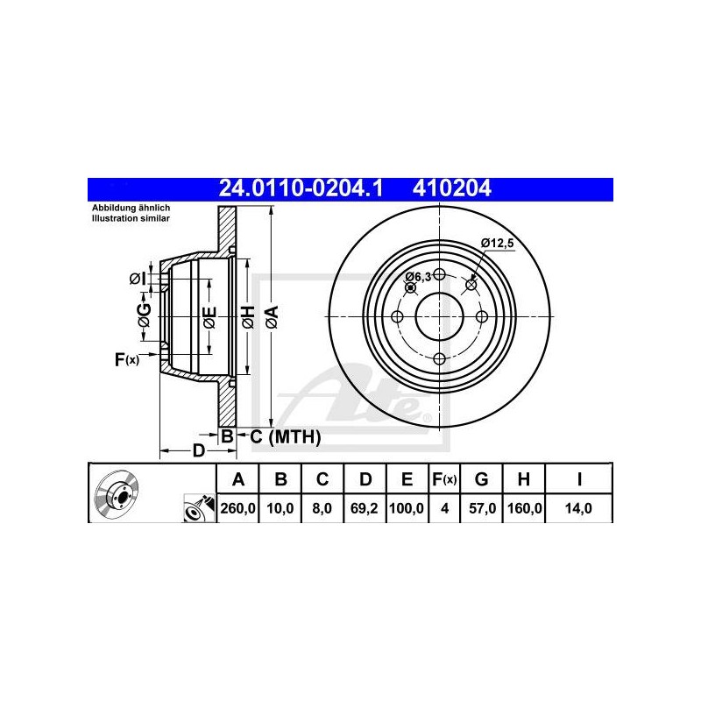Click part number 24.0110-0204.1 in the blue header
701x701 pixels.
tap(301, 188)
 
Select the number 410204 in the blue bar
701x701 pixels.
tap(451, 188)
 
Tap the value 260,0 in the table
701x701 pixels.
tap(237, 508)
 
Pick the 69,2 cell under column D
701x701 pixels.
tap(365, 508)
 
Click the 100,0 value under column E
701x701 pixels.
tap(407, 508)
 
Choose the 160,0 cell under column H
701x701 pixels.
tap(524, 508)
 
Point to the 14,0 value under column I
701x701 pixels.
tap(578, 508)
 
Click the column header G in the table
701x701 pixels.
tap(481, 479)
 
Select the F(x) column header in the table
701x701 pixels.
tap(444, 479)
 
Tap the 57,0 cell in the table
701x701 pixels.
tap(482, 508)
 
